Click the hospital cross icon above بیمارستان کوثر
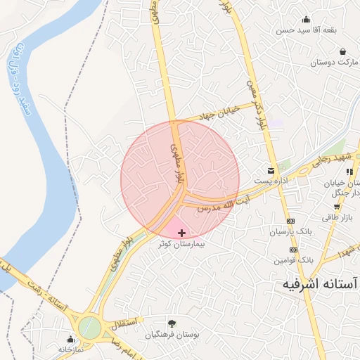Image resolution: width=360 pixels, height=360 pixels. (x=181, y=233)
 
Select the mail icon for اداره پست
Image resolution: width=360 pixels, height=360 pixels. (x=271, y=171)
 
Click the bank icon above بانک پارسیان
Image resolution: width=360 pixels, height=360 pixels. (x=291, y=221)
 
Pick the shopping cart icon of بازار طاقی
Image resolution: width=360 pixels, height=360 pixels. (x=337, y=207)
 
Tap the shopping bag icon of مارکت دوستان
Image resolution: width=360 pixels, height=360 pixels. (x=342, y=52)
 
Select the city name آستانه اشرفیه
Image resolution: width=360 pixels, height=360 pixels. (x=320, y=283)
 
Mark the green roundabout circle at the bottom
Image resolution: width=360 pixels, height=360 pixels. (x=90, y=327)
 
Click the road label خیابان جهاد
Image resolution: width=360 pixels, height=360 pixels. (x=217, y=112)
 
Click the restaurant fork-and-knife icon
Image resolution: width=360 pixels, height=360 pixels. (x=349, y=171)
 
